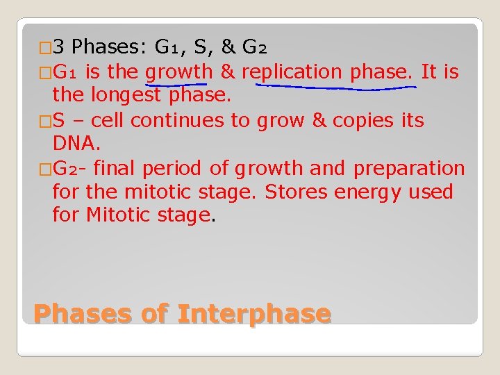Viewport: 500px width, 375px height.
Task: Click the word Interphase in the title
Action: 253,314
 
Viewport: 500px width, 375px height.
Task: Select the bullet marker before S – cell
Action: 44,121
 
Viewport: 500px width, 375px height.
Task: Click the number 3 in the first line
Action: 59,48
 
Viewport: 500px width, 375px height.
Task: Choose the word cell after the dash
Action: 106,120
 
